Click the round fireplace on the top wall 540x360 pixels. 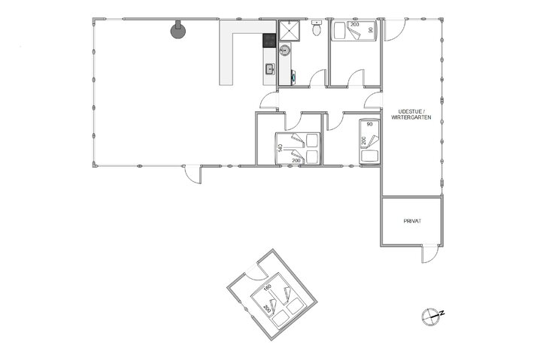[178, 30]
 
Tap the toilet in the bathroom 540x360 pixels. [317, 29]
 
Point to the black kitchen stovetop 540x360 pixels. [268, 41]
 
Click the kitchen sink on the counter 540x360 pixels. [268, 70]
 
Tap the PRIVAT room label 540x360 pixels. [411, 222]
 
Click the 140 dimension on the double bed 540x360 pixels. [279, 149]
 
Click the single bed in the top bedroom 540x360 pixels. [353, 32]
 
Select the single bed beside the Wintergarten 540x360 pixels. [369, 141]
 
